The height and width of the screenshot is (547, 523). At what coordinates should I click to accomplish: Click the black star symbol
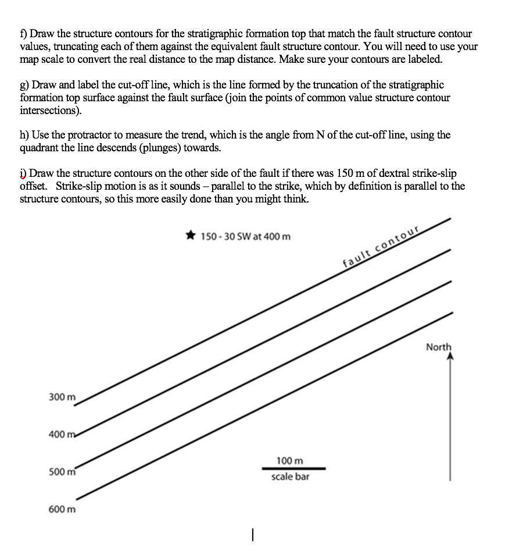191,236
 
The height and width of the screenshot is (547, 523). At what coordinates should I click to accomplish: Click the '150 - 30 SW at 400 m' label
246,237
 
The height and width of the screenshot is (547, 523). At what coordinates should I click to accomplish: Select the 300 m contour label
62,397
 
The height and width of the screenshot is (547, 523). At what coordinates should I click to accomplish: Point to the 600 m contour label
62,509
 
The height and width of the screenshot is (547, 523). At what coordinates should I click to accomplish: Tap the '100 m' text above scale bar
290,460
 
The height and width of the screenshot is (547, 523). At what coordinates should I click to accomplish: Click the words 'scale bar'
290,477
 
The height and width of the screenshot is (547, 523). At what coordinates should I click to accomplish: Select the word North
438,347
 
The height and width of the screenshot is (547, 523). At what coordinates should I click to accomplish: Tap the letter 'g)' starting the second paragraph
24,86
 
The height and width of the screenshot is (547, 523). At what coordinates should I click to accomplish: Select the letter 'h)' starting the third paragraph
24,136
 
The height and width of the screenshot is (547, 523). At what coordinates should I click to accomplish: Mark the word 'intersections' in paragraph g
48,110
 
